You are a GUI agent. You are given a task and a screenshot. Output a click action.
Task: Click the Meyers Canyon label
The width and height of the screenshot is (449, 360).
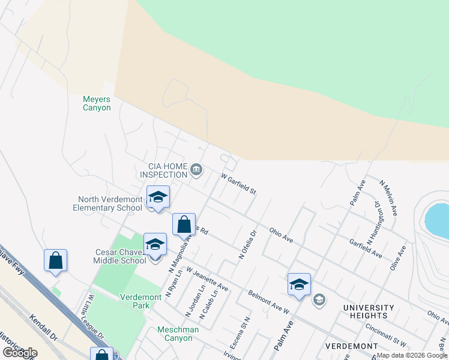[x=97, y=103]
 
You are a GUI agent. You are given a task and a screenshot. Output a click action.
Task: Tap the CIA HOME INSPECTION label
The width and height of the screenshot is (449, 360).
[x=164, y=170]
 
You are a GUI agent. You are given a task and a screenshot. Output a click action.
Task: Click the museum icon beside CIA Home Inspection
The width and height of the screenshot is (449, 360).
[x=196, y=171]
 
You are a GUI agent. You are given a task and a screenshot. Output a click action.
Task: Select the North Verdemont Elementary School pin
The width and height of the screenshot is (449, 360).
[x=158, y=197]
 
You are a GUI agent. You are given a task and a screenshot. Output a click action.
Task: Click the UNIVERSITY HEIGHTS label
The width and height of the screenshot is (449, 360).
[x=369, y=311]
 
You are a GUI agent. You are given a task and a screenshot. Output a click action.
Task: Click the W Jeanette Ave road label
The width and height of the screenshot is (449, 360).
[x=207, y=280]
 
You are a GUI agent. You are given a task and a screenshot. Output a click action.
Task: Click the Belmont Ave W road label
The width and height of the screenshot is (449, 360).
[x=269, y=302]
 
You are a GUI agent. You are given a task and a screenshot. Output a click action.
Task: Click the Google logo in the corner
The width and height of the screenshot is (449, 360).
[x=20, y=353]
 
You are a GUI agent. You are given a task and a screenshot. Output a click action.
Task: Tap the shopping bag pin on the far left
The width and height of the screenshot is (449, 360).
[x=55, y=261]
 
